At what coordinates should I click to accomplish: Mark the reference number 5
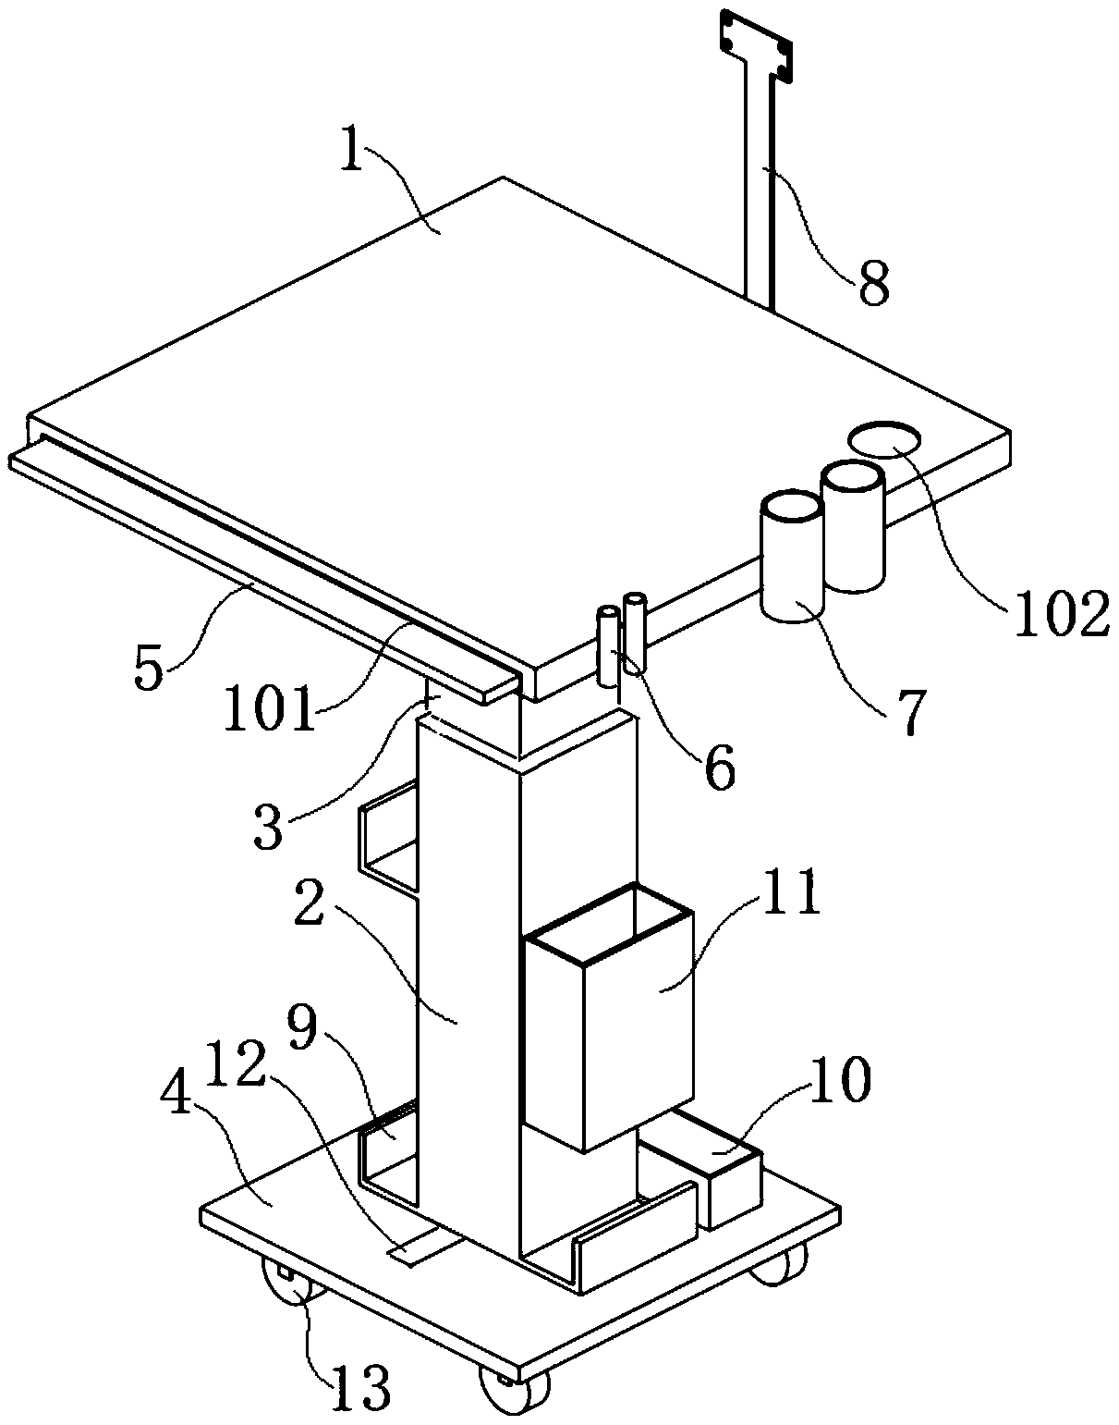point(150,669)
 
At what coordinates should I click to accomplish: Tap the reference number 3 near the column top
point(269,825)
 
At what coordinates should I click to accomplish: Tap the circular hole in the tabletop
point(885,438)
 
